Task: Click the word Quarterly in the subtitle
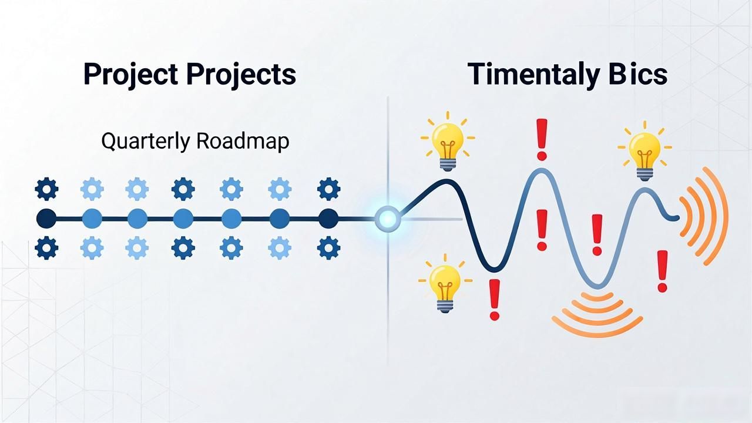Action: [146, 142]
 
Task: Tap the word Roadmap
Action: [243, 141]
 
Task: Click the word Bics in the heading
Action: [637, 73]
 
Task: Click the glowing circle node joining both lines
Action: [388, 219]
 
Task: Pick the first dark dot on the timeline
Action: [46, 219]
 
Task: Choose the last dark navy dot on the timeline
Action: [328, 219]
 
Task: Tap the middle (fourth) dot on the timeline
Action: [183, 219]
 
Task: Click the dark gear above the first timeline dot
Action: [46, 189]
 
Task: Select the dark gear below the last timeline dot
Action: [328, 248]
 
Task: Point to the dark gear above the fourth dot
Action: [183, 189]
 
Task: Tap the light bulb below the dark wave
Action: [445, 284]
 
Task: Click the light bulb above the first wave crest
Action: [448, 142]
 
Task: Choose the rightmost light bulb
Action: [644, 151]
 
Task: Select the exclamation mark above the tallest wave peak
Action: [542, 140]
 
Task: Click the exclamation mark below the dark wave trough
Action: [495, 300]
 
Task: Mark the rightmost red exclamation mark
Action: [662, 271]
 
